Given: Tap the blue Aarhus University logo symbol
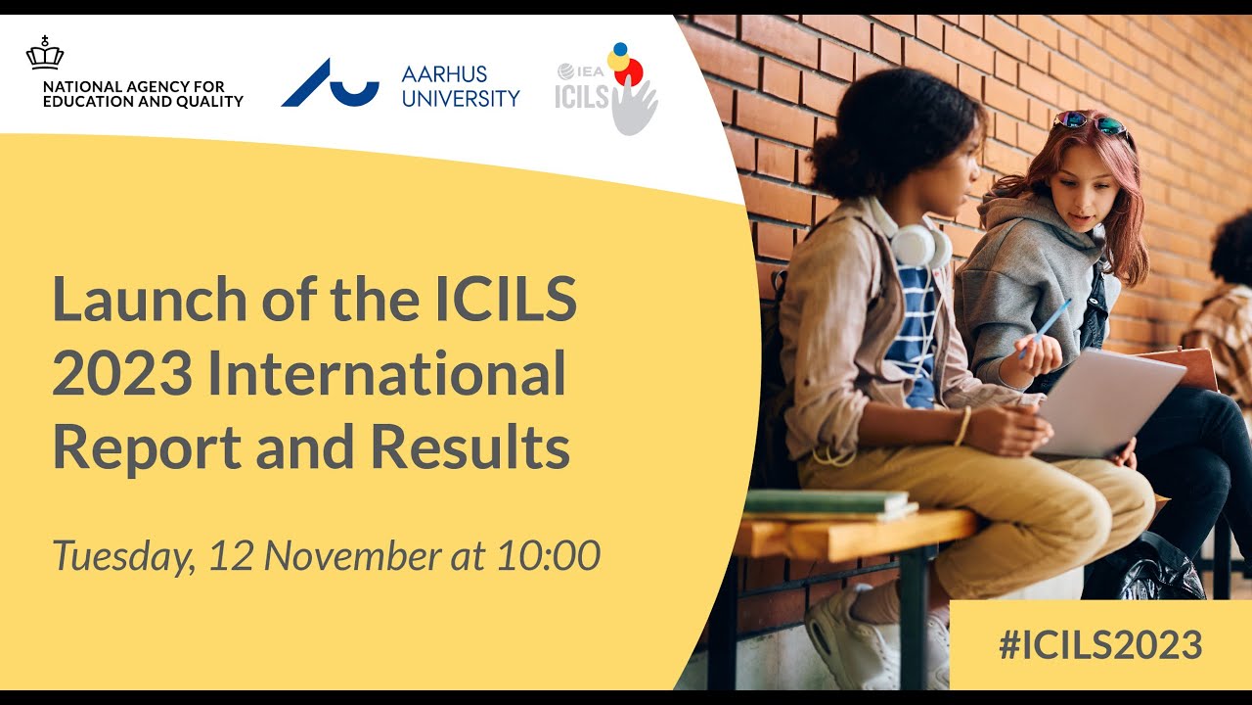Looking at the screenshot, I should tap(330, 85).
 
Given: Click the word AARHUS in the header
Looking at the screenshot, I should tap(444, 73).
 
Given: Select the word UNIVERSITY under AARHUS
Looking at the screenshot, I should tap(460, 98).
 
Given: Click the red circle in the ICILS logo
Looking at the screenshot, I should tap(629, 71).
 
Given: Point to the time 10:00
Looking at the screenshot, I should tap(548, 555).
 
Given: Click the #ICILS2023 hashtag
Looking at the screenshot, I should tap(1099, 645).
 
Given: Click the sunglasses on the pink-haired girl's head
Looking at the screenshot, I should tap(1089, 122).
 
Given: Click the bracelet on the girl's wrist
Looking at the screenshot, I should tap(963, 425).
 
